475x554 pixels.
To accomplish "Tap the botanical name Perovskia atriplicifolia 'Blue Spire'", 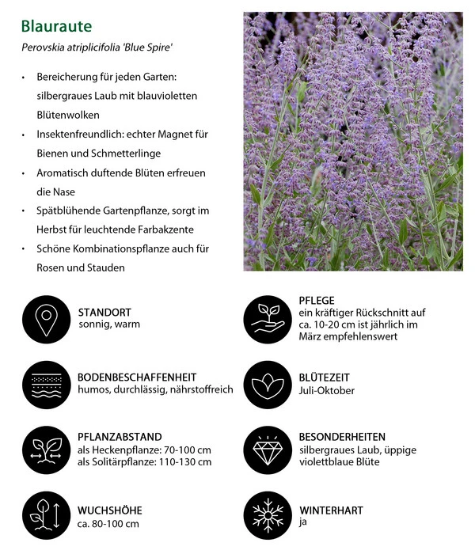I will pos(97,48).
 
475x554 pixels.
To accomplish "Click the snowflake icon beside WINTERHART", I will pos(268,516).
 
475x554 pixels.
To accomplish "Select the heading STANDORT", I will pos(104,312).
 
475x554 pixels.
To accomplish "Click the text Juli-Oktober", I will pos(327,390).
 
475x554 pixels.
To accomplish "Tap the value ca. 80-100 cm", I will pos(108,523).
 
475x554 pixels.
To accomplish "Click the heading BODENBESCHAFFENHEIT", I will pos(137,377).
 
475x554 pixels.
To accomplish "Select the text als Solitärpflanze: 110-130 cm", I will pos(145,462).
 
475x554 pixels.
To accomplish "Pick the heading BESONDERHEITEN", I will pos(342,436).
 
